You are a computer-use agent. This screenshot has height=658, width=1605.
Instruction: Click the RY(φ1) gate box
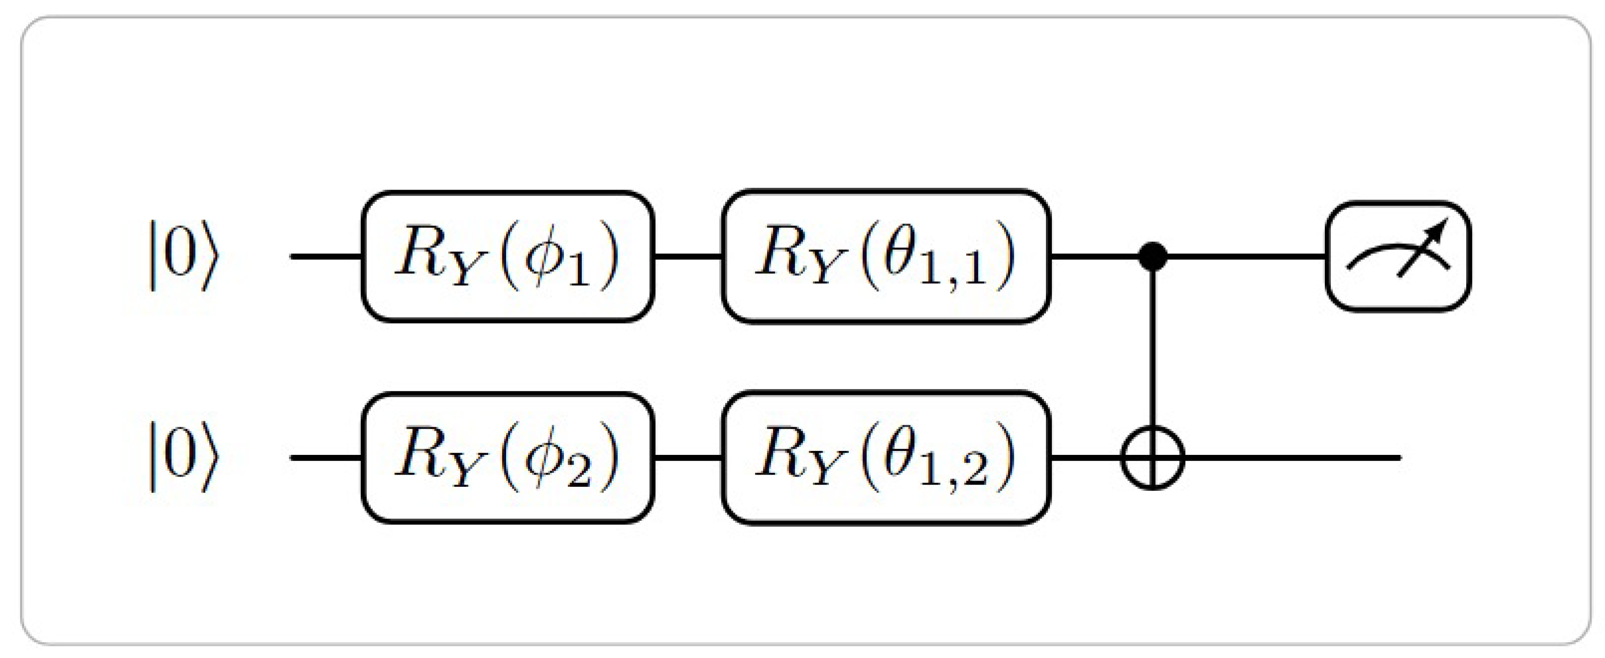coord(508,256)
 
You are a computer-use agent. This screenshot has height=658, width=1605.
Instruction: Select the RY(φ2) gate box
coord(508,458)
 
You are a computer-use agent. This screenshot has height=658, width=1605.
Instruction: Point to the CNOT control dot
coord(1153,256)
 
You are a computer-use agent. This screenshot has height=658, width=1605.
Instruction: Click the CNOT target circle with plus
coord(1153,458)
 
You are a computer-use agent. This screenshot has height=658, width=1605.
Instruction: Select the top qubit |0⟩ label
coord(183,256)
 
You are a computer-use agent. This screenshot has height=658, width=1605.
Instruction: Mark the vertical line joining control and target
coord(1153,349)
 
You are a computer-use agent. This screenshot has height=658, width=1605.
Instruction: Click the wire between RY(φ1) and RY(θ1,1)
coord(688,256)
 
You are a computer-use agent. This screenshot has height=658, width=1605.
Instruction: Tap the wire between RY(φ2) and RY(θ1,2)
coord(688,458)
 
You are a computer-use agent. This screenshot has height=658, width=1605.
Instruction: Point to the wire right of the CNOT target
coord(1290,458)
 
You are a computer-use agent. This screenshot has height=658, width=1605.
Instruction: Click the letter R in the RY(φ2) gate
coord(416,454)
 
